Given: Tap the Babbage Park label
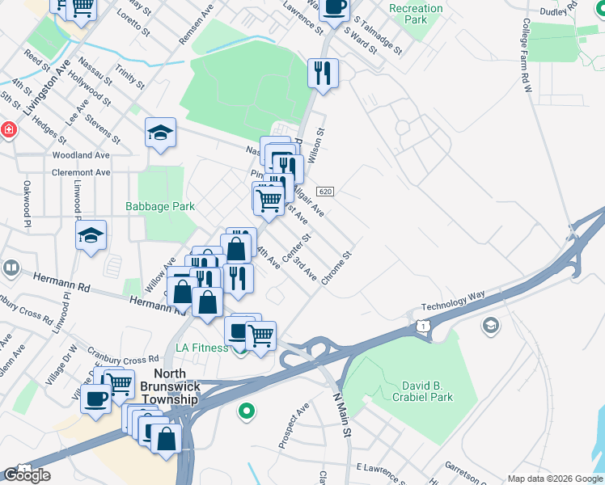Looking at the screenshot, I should point(160,206).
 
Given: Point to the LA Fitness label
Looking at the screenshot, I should point(202,348).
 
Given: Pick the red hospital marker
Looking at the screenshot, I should point(8,130).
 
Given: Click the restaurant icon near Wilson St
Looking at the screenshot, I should point(323,73).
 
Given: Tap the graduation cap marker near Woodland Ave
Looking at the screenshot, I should point(160,133).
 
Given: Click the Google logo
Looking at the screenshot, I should point(27,475).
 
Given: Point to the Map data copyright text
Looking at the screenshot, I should point(554,479).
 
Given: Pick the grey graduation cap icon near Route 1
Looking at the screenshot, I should point(489,326).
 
